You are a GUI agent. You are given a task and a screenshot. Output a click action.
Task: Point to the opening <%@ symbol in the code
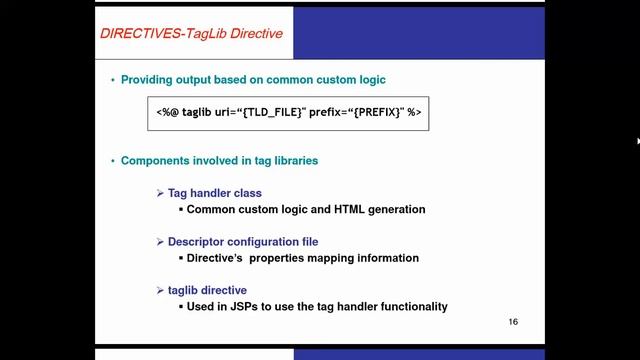coord(167,113)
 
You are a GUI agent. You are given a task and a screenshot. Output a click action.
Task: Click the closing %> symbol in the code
coord(413,113)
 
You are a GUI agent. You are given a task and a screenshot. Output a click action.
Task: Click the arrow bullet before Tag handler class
coord(160,193)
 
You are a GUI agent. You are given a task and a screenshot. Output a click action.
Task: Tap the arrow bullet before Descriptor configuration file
coord(160,241)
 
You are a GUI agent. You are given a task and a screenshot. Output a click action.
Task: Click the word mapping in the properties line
coord(333,257)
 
